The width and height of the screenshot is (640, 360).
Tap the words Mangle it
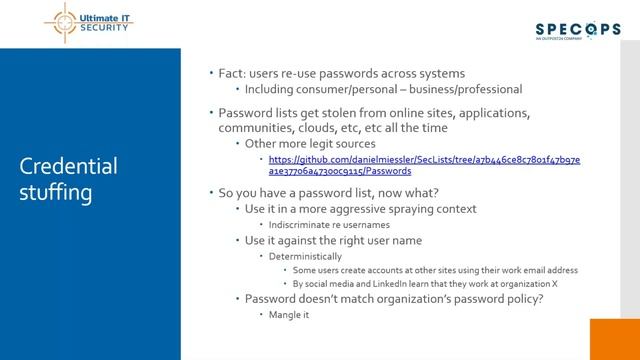[x=289, y=314]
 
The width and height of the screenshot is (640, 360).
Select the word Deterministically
[x=307, y=256]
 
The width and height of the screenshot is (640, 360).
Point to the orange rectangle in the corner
[x=614, y=339]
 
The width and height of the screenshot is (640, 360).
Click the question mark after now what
[x=436, y=192]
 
